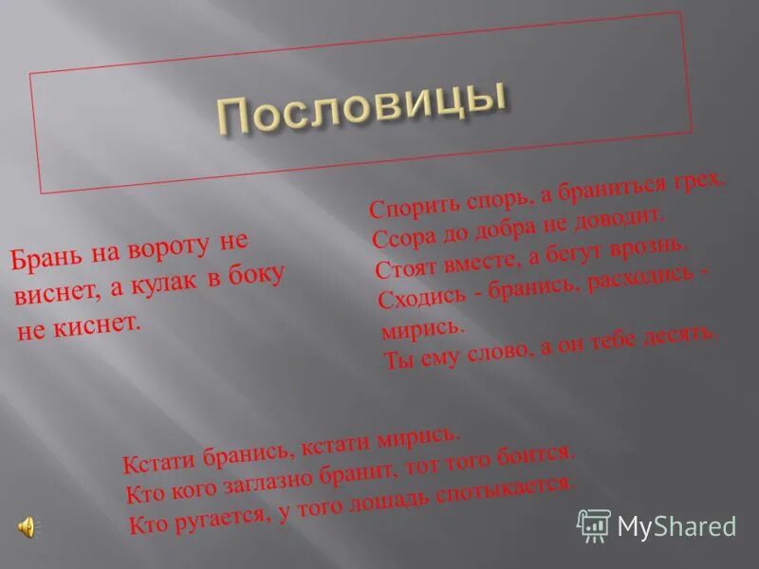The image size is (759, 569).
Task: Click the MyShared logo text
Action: (x=676, y=525)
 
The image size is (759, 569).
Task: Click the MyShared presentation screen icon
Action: (x=594, y=524)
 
